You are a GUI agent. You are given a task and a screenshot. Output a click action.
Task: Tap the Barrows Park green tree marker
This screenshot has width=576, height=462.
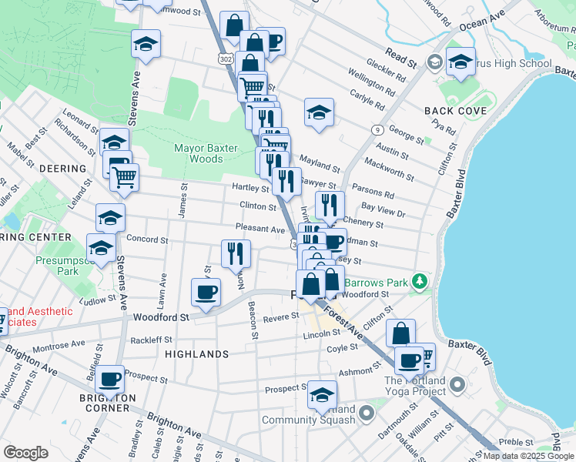(419, 282)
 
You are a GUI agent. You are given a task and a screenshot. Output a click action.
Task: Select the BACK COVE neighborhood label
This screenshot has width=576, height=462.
(455, 111)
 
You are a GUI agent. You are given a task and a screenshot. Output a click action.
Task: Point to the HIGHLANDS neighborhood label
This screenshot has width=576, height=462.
(196, 354)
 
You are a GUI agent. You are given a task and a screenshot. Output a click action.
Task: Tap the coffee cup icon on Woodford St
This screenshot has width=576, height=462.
(206, 293)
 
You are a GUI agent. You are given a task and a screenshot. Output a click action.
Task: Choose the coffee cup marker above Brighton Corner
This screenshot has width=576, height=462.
(111, 379)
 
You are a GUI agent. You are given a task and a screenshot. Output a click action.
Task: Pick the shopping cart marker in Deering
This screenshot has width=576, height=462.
(123, 178)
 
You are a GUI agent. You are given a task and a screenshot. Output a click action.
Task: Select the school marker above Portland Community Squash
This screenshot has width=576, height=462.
(322, 395)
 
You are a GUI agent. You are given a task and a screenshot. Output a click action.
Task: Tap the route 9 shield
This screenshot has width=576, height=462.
(377, 130)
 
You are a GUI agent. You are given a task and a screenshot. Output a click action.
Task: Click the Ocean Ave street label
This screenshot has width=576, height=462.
(482, 21)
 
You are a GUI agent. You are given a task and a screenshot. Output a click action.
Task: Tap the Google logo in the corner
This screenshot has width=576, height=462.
(25, 452)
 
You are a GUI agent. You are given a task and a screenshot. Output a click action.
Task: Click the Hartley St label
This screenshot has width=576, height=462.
(249, 188)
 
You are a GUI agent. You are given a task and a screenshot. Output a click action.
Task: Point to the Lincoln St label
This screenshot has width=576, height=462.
(321, 333)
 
